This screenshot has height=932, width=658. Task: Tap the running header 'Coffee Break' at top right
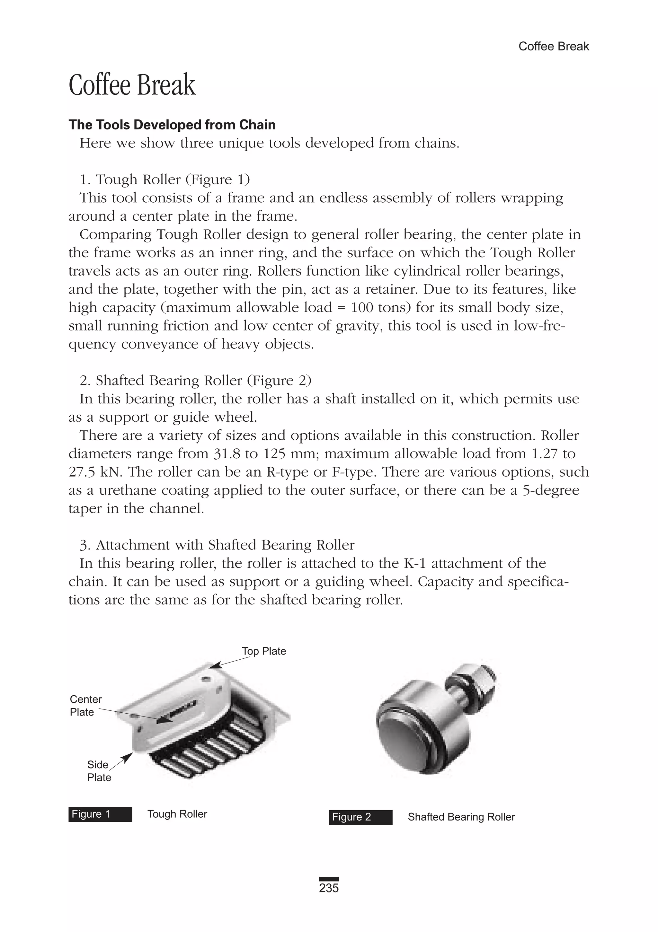coord(553,47)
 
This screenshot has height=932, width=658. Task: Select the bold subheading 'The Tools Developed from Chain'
coord(172,125)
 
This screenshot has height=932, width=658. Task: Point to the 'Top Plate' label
coord(264,651)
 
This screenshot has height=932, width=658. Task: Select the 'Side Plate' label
coord(99,771)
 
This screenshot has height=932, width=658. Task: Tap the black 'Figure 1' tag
coord(100,814)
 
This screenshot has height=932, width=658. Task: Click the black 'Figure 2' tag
coord(360,817)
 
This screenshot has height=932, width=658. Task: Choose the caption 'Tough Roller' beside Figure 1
coord(177,814)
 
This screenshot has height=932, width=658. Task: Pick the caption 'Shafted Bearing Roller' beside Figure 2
coord(461,817)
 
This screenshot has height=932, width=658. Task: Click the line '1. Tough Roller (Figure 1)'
coord(164,180)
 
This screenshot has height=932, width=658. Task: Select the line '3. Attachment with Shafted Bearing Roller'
coord(217,545)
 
